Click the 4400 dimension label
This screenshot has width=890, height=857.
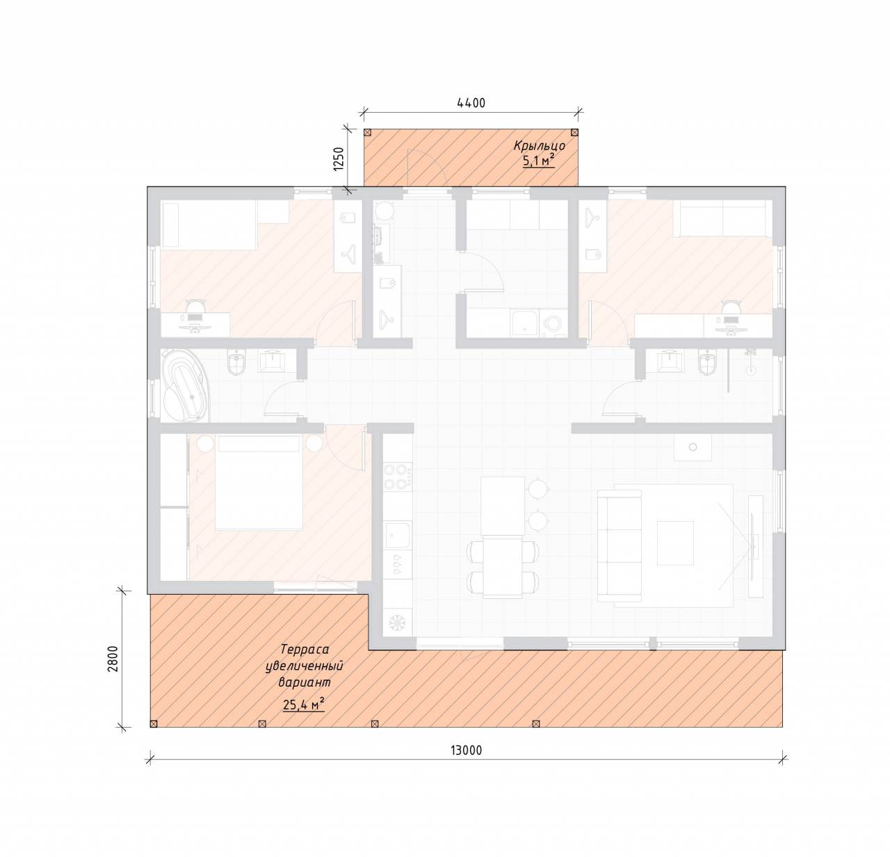click(x=471, y=104)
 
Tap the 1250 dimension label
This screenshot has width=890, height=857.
click(x=339, y=159)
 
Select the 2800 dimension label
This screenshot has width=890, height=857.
click(x=113, y=659)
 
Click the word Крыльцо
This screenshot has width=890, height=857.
click(x=540, y=146)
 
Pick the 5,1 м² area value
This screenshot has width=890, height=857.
click(x=539, y=161)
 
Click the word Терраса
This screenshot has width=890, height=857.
click(x=305, y=649)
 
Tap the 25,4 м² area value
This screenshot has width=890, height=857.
click(x=304, y=705)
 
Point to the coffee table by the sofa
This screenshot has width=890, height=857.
click(x=676, y=543)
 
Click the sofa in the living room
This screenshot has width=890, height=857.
click(x=620, y=546)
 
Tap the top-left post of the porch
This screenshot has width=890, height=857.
click(x=368, y=133)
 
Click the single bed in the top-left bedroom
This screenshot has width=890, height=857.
click(x=209, y=225)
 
